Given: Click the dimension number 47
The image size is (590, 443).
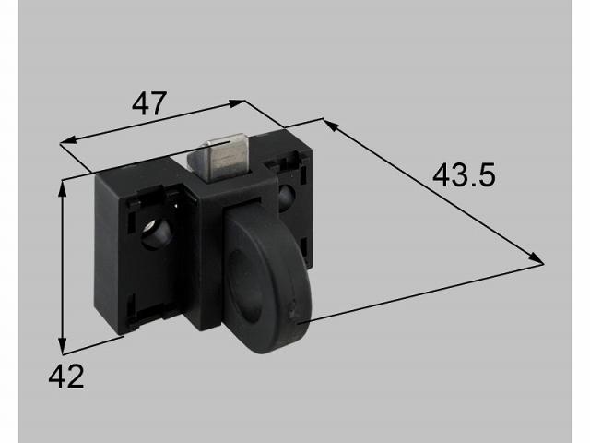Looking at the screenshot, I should click(150, 103).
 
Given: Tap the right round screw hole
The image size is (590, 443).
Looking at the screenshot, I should click(285, 195).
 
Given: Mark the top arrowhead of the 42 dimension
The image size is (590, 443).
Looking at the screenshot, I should click(63, 185).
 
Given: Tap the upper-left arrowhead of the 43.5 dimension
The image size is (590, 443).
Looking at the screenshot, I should click(327, 123).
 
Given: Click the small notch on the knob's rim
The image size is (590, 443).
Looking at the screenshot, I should click(294, 311).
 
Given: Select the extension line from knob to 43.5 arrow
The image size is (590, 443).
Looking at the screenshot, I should click(424, 292).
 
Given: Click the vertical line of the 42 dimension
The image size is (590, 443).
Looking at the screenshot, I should click(63, 268).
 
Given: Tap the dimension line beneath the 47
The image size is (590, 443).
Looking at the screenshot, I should click(153, 122).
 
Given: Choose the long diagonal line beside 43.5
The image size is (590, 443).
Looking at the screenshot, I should click(433, 193).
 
